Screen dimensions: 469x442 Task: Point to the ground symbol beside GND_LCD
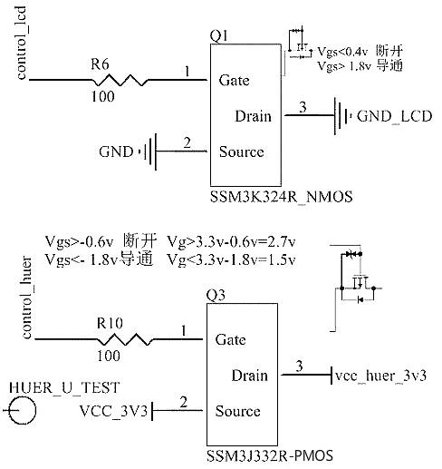(341, 116)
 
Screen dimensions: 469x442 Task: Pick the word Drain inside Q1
(253, 116)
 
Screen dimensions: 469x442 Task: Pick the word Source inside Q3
(237, 412)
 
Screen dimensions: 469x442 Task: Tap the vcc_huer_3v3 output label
(380, 376)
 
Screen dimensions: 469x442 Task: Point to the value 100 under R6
(101, 94)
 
